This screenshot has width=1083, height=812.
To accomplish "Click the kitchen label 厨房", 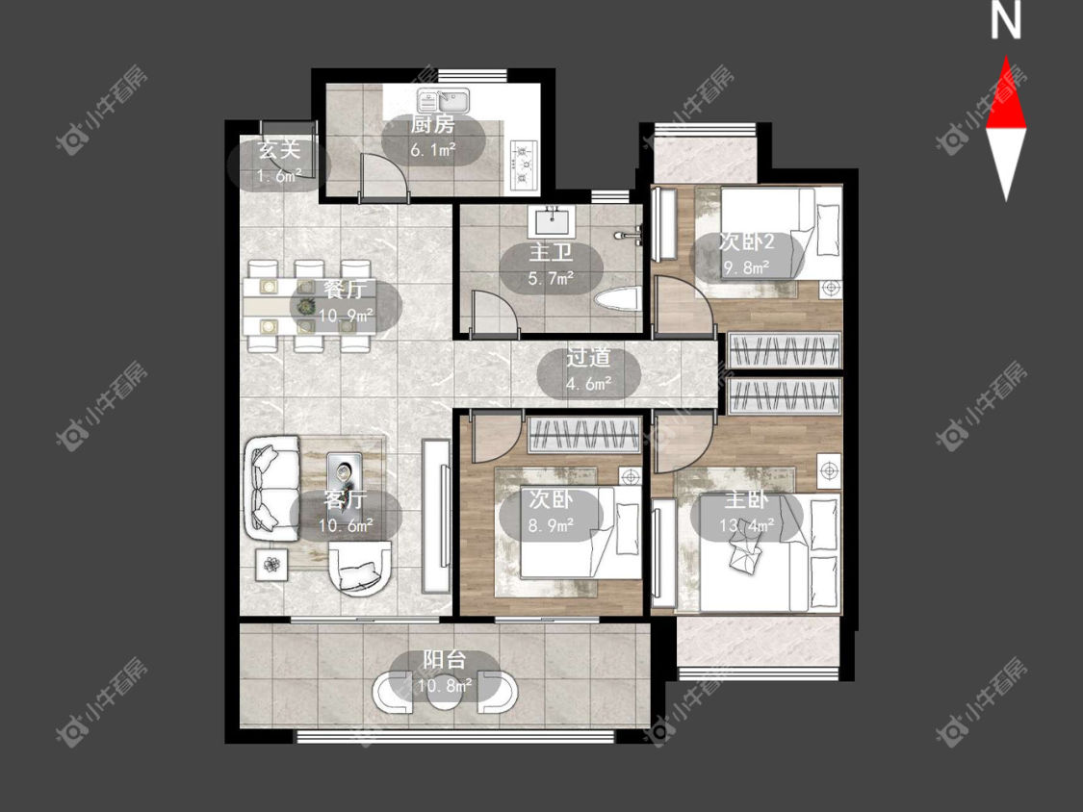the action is [x=433, y=125].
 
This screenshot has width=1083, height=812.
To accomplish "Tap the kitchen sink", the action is [x=443, y=101].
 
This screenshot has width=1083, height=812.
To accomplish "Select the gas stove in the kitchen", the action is [x=524, y=165].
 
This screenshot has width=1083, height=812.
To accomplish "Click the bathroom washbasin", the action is [x=552, y=221].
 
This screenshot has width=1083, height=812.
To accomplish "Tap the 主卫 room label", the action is [x=551, y=253].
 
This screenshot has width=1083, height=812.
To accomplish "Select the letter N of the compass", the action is [x=1006, y=21].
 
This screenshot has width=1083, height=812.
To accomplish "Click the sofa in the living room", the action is [x=271, y=489].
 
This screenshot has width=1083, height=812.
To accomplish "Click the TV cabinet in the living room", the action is [x=436, y=516].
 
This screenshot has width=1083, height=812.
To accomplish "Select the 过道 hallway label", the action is [x=588, y=358].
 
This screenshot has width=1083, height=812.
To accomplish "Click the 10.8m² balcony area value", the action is [x=445, y=686].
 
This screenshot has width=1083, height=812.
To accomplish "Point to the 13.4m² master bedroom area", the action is [x=746, y=526].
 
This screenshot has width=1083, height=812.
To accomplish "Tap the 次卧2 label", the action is [x=747, y=241].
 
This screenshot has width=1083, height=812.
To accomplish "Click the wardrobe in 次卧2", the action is [x=785, y=351].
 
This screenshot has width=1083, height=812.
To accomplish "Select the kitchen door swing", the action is [x=384, y=177].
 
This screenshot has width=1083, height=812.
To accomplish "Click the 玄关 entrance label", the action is [x=280, y=148].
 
